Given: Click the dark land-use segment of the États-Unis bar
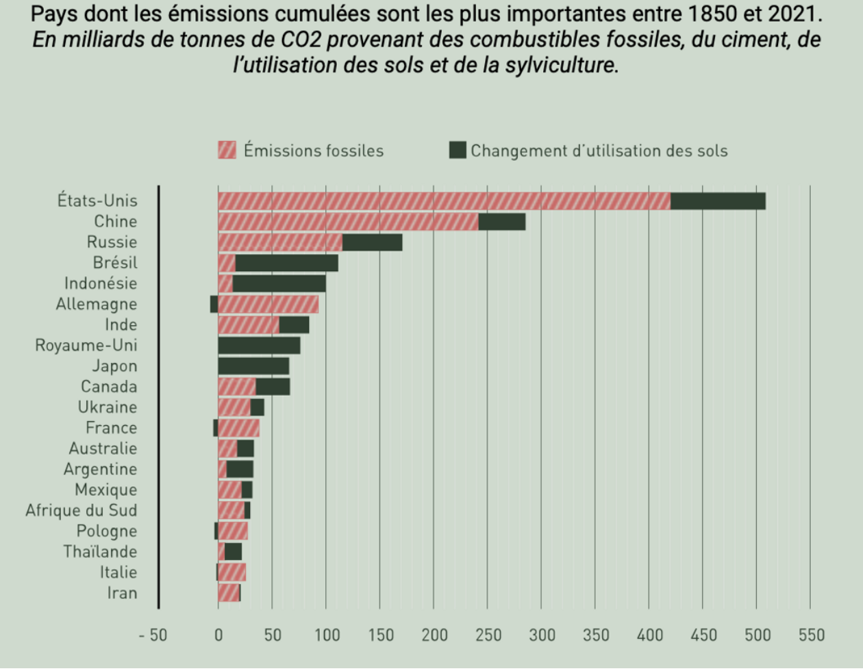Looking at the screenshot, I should click(x=717, y=201).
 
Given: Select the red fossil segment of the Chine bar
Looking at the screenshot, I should click(x=348, y=221).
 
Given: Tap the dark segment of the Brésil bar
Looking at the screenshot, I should click(x=286, y=263).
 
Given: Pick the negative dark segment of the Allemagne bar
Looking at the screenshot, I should click(x=214, y=304).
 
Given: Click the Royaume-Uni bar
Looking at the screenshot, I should click(x=259, y=345).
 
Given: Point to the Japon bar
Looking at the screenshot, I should click(x=253, y=366).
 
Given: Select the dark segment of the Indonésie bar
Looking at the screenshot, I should click(x=279, y=283).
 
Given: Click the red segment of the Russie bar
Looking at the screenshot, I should click(x=279, y=242).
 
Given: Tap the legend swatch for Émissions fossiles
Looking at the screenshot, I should click(x=227, y=150).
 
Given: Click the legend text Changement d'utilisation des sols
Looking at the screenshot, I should click(x=599, y=151).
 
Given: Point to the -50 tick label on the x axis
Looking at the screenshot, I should click(x=153, y=635).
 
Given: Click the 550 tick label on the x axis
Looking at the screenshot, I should click(x=811, y=635).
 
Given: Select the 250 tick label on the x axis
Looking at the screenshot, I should click(x=488, y=635).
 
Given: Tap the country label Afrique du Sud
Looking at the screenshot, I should click(x=81, y=510).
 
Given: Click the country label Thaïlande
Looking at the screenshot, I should click(x=100, y=551).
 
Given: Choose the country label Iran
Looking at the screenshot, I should click(x=122, y=593).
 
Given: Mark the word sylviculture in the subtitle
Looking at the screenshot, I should click(x=560, y=65).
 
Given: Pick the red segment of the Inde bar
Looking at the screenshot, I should click(x=249, y=325).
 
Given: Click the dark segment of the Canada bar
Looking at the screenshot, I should click(x=273, y=386).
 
